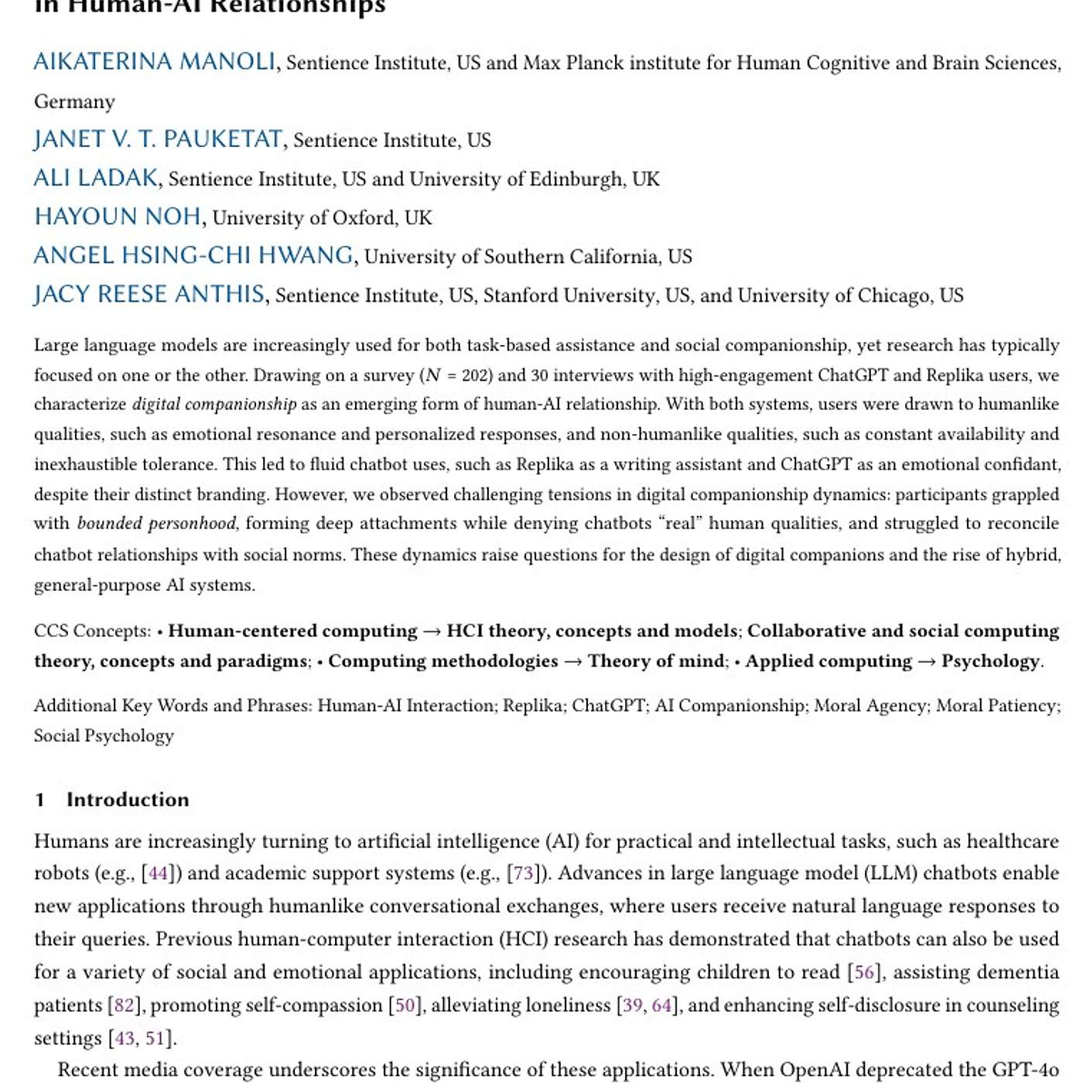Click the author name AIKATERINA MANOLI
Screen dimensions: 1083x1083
[x=154, y=62]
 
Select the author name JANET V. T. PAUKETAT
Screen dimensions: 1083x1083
[x=158, y=139]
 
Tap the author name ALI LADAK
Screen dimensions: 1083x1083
[x=96, y=178]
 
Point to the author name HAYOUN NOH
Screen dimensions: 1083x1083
[x=118, y=217]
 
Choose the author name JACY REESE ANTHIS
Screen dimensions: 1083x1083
[x=149, y=294]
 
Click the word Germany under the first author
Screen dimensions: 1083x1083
[x=74, y=101]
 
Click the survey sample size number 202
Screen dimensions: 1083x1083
[x=476, y=375]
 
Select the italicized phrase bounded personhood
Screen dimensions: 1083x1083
[x=156, y=524]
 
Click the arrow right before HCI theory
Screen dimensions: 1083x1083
[x=432, y=631]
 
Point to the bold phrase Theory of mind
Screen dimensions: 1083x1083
[x=657, y=661]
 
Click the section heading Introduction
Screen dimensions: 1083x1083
[x=128, y=800]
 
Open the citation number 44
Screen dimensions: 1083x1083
[x=158, y=873]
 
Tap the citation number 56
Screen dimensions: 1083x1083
[x=864, y=972]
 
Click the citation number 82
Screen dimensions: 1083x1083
[x=125, y=1005]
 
